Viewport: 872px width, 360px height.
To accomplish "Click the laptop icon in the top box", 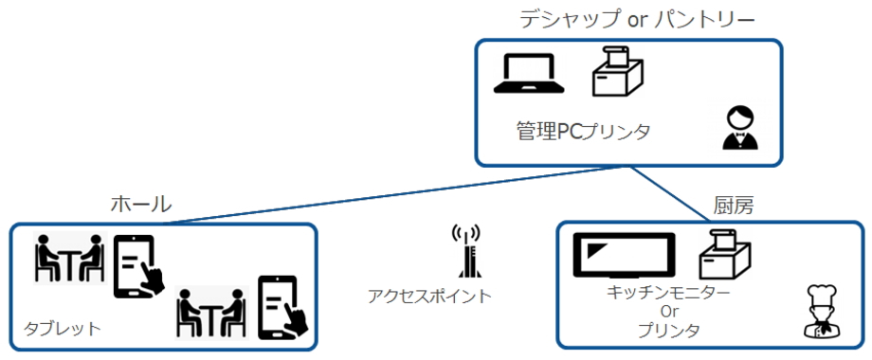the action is click(529, 73).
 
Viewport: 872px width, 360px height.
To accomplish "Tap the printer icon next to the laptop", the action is click(617, 72).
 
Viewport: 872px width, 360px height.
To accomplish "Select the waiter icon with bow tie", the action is click(740, 128).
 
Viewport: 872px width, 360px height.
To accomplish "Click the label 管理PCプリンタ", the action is click(583, 133).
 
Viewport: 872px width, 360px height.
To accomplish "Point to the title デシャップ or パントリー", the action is click(638, 20).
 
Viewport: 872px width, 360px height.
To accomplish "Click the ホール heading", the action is click(141, 205).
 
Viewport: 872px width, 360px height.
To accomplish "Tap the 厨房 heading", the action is click(733, 207).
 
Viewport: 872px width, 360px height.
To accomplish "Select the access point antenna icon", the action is click(466, 251).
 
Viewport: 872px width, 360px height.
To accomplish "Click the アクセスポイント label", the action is click(430, 297).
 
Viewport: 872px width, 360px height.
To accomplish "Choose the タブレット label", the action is click(62, 329).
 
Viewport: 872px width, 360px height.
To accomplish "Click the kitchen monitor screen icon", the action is click(624, 255).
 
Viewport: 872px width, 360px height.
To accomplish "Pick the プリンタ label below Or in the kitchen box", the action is click(668, 331).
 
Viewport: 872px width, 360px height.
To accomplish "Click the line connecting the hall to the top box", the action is click(391, 194).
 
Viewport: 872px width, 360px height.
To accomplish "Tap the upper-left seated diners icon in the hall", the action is click(69, 259).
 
